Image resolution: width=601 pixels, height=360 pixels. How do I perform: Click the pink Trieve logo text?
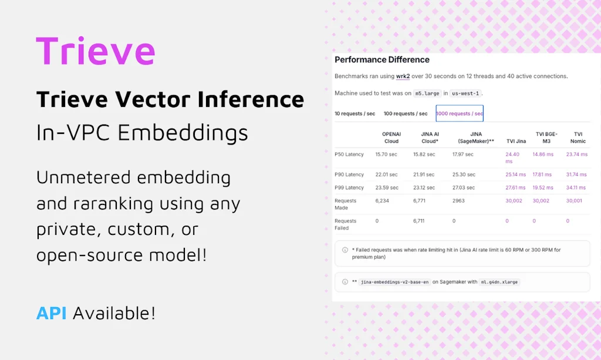point(96,51)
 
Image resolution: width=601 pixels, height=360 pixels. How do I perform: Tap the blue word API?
point(51,313)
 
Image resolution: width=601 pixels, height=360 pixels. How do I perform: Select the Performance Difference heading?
point(381,60)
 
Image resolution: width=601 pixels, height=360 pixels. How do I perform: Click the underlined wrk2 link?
point(403,76)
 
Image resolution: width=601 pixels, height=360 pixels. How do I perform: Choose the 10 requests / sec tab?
point(354,113)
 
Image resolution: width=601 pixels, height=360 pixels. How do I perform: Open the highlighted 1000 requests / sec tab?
point(460,113)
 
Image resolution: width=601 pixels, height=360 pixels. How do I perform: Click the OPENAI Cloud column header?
point(391,137)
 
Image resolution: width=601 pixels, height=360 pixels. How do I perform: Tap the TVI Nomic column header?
point(578,137)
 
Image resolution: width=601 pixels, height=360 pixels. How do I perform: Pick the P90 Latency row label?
point(349,174)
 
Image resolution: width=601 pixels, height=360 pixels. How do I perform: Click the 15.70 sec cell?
point(386,154)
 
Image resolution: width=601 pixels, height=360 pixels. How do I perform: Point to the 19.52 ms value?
point(542,188)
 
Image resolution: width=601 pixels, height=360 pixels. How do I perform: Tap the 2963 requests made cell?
point(458,201)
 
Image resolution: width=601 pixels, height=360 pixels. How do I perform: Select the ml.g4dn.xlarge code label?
point(499,282)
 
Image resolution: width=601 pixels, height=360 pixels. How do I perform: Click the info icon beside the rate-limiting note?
point(345,250)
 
